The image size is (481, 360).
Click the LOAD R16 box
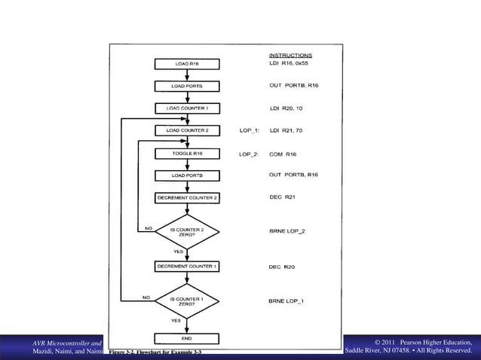tap(187, 64)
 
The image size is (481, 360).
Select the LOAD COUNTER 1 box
tap(187, 108)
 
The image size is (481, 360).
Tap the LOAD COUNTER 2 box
tap(187, 130)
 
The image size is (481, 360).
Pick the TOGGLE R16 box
tap(187, 154)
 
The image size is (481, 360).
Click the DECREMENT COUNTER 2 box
tap(187, 197)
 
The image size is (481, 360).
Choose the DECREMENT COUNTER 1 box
tap(187, 266)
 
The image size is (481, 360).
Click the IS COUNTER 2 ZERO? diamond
tap(187, 231)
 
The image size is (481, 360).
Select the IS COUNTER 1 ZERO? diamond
tap(187, 301)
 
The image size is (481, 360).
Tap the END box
tap(187, 338)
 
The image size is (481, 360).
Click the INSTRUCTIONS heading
tap(290, 55)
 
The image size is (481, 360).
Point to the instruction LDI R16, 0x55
tap(293, 64)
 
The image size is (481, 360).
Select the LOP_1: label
tap(249, 130)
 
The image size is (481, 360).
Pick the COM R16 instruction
tap(283, 154)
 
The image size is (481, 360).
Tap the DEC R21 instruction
tap(282, 197)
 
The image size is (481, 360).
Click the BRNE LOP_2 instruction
tap(287, 231)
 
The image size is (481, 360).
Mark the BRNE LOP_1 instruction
tap(287, 301)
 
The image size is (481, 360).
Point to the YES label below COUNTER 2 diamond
tap(179, 251)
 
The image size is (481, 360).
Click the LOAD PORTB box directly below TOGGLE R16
tap(187, 175)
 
